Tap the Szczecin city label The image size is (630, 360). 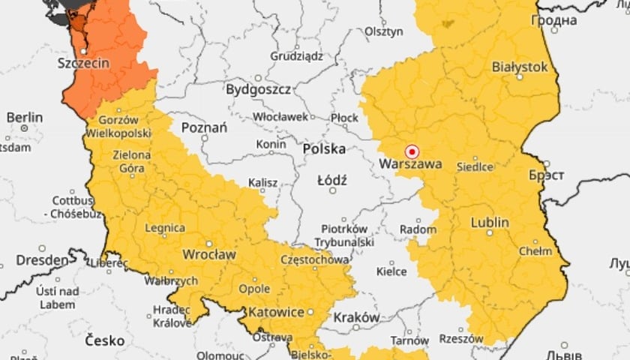pos(83,64)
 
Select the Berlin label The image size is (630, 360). pos(25,118)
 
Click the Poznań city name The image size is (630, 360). pos(204,127)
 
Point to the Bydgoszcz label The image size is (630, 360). pos(258,89)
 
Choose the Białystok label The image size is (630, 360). pos(520,67)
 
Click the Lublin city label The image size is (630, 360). pos(490,223)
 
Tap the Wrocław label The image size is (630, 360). pos(209,254)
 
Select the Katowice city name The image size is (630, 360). pos(277,311)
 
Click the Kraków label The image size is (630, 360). pos(356,317)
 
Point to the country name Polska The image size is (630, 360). pos(324,149)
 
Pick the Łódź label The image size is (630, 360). pos(331,181)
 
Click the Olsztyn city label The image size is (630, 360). pos(384,31)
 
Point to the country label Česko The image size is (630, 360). pos(104,340)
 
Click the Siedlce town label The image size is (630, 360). pos(475,166)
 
